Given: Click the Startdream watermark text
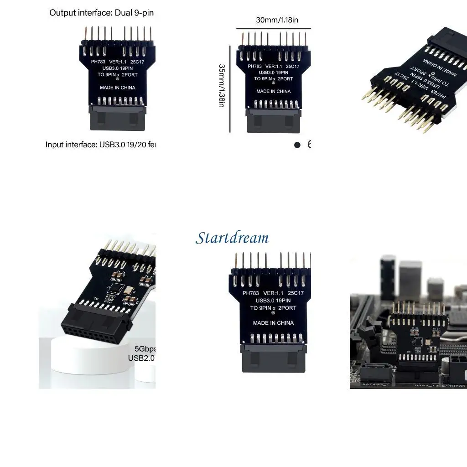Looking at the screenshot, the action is click(x=232, y=238).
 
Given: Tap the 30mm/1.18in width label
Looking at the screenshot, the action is click(x=277, y=20).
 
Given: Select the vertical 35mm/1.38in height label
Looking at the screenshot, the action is click(x=222, y=86).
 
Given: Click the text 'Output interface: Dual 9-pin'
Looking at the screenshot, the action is click(x=101, y=13).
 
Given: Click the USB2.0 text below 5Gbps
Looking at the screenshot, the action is click(x=141, y=358).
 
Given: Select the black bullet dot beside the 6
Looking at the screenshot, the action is click(x=297, y=145).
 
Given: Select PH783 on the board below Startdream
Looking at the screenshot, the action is click(x=251, y=293).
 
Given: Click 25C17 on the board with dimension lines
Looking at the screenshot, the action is click(x=295, y=66).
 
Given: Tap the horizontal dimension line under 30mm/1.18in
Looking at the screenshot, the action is click(x=274, y=29).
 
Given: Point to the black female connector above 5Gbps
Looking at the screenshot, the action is click(x=96, y=326).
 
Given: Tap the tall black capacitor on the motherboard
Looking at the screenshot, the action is click(x=388, y=274).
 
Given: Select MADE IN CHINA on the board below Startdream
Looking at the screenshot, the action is click(x=273, y=323).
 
